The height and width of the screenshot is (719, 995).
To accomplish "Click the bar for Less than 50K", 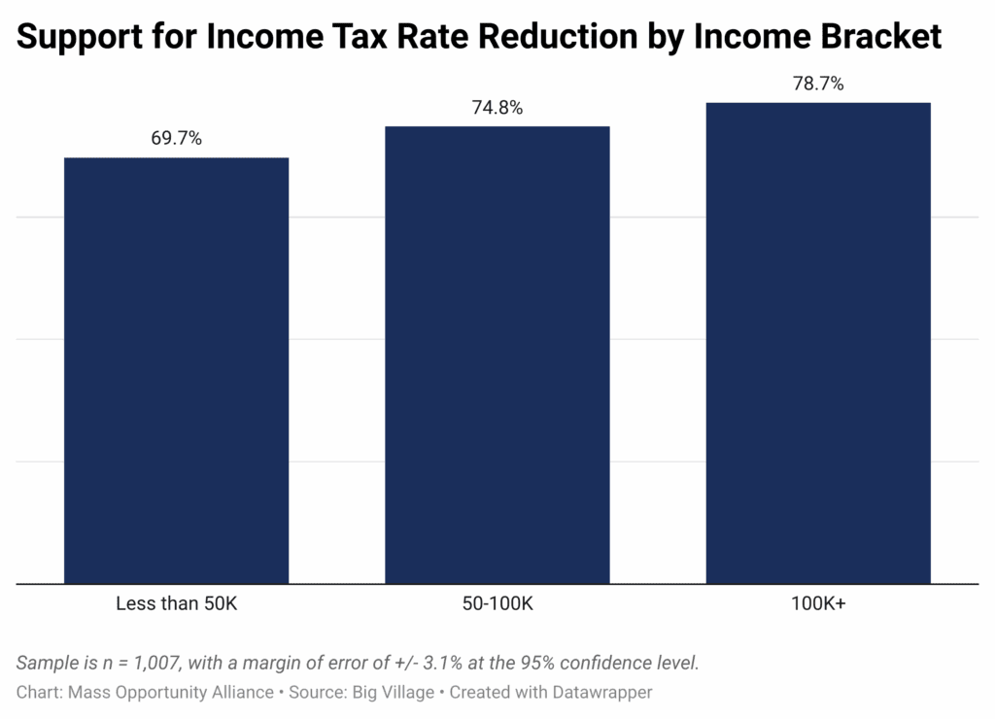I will click(176, 370).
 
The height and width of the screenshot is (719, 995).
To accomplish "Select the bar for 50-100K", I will click(497, 355).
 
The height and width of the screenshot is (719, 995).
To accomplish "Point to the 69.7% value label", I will click(176, 138).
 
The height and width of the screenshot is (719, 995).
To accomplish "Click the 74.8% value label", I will click(497, 108).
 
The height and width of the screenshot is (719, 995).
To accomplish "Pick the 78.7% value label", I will click(818, 84).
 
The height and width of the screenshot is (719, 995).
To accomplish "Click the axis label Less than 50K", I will click(176, 603).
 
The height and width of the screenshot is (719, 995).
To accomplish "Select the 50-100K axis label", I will click(497, 603).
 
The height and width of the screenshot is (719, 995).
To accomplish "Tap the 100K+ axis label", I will click(818, 603).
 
